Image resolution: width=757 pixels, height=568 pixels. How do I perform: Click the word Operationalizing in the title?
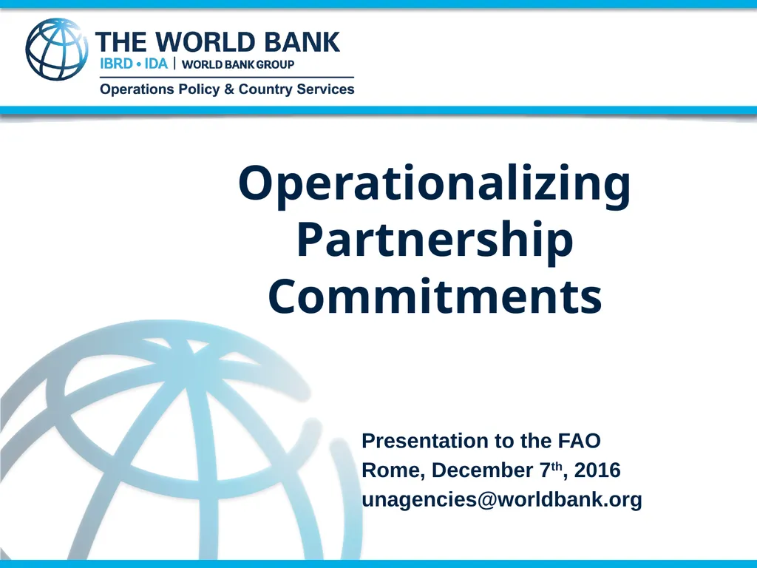coord(435,185)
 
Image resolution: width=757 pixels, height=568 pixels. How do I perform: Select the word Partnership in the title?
coord(435,242)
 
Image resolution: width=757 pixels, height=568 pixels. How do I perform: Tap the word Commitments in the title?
coord(435,297)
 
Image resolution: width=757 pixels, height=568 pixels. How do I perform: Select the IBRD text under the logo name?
coord(116,64)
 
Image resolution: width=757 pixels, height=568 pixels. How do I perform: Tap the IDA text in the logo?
coord(156,64)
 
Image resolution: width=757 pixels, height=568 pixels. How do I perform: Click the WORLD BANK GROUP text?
coord(238,64)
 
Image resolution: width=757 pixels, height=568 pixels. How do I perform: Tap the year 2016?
coord(597,471)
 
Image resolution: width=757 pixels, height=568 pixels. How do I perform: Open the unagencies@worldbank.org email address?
coord(501,501)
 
